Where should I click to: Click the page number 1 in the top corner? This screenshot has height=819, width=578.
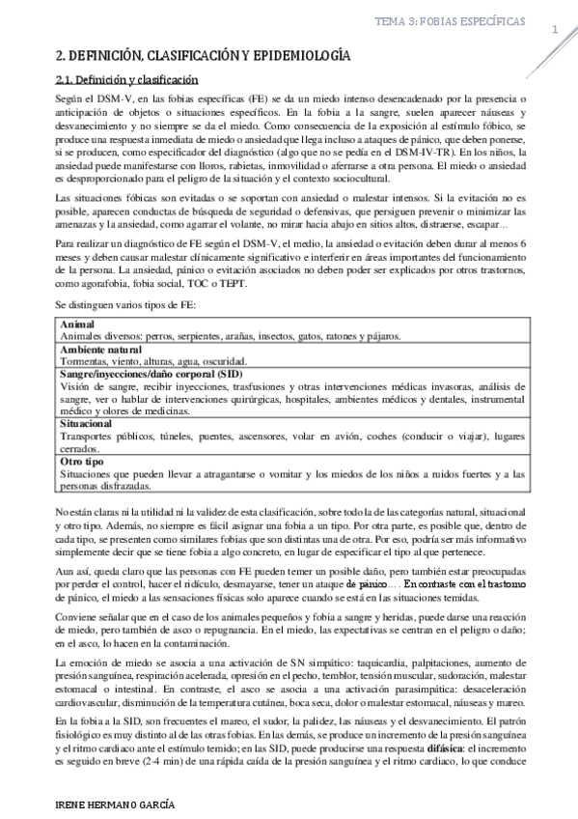tap(555, 31)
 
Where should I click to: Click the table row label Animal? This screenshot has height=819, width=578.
tap(77, 325)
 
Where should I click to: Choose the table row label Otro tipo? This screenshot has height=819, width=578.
tap(81, 462)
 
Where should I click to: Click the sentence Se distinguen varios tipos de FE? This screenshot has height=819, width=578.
tap(125, 306)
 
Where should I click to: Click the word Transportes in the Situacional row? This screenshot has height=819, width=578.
tap(88, 436)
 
